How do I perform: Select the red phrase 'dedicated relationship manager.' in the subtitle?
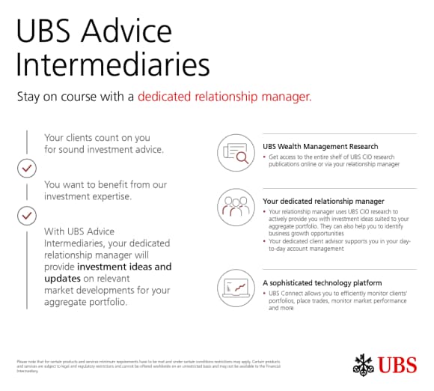click(x=224, y=97)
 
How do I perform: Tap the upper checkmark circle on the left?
click(x=27, y=169)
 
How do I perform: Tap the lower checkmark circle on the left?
click(x=27, y=216)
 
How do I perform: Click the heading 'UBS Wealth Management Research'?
click(x=320, y=146)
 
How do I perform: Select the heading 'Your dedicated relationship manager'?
click(x=323, y=201)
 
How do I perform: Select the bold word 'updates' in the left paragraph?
click(x=64, y=279)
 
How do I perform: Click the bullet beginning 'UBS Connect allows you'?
click(x=337, y=300)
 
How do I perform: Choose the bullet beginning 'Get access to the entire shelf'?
click(x=334, y=160)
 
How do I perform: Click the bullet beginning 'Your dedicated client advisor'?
click(x=337, y=244)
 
